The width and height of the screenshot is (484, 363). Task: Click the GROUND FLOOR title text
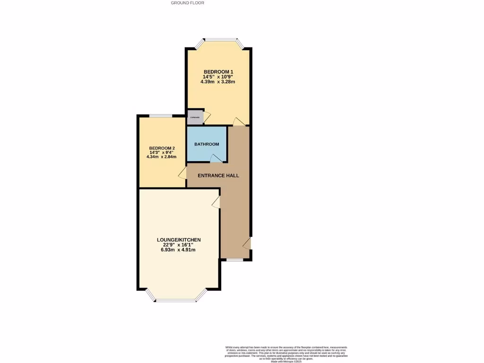click(188, 3)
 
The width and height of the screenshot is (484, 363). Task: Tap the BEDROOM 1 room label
click(218, 71)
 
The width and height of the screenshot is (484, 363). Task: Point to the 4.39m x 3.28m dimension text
click(218, 82)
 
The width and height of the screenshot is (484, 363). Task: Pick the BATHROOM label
click(207, 144)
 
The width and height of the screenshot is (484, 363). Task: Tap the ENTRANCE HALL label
click(218, 176)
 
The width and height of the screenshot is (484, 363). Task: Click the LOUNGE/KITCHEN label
click(179, 240)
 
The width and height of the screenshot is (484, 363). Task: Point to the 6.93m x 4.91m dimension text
click(178, 250)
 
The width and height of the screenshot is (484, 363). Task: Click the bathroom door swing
click(216, 159)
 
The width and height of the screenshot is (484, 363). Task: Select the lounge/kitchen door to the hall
click(216, 202)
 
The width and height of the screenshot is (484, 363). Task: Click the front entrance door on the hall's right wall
click(247, 243)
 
